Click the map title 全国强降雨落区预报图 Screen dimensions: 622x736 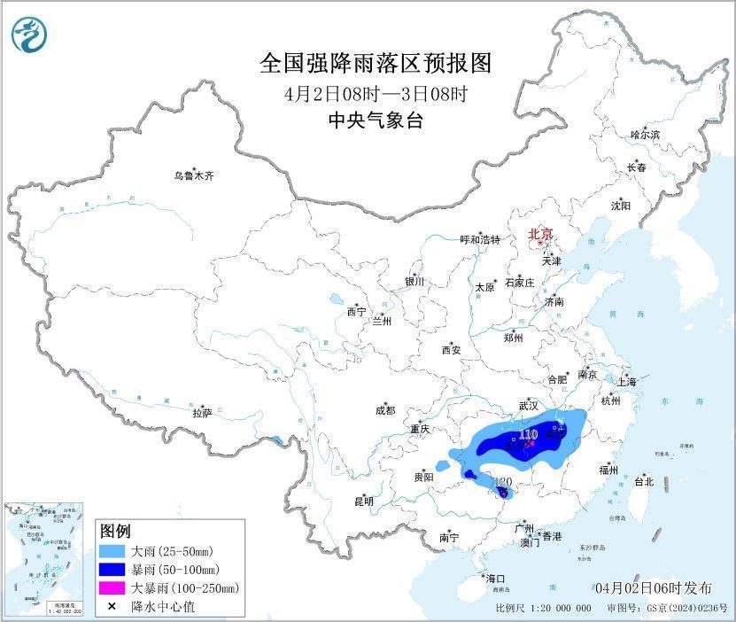click(375, 64)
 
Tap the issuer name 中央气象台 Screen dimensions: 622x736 click(376, 121)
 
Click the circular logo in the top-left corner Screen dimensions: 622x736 click(29, 35)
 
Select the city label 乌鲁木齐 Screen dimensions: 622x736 click(193, 176)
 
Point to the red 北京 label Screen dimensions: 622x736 click(540, 234)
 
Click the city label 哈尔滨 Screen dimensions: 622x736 click(645, 135)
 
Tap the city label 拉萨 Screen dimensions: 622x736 click(202, 413)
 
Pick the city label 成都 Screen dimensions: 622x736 click(385, 410)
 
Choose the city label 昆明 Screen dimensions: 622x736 click(364, 501)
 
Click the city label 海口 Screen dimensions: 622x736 click(496, 578)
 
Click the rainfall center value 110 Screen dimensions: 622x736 click(529, 434)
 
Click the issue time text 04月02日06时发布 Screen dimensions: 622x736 click(654, 588)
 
